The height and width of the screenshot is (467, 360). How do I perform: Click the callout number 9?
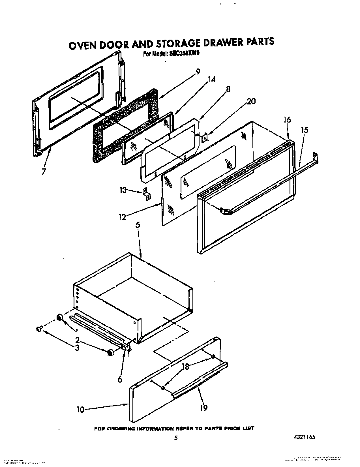click(x=198, y=72)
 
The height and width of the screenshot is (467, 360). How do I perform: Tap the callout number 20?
click(x=251, y=101)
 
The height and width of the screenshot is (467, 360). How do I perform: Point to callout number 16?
click(x=287, y=120)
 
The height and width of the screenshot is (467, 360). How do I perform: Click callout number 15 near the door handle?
click(x=305, y=130)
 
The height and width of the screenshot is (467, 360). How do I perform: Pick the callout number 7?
click(x=43, y=172)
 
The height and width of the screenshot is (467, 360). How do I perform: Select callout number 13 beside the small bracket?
click(x=123, y=190)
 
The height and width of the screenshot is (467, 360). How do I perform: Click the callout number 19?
click(x=203, y=408)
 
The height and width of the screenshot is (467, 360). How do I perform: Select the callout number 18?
click(x=185, y=367)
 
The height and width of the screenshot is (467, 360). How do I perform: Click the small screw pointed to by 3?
click(x=39, y=328)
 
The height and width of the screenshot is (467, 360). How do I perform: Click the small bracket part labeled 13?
click(x=147, y=194)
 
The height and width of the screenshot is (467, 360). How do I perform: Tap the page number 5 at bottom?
click(x=176, y=438)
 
